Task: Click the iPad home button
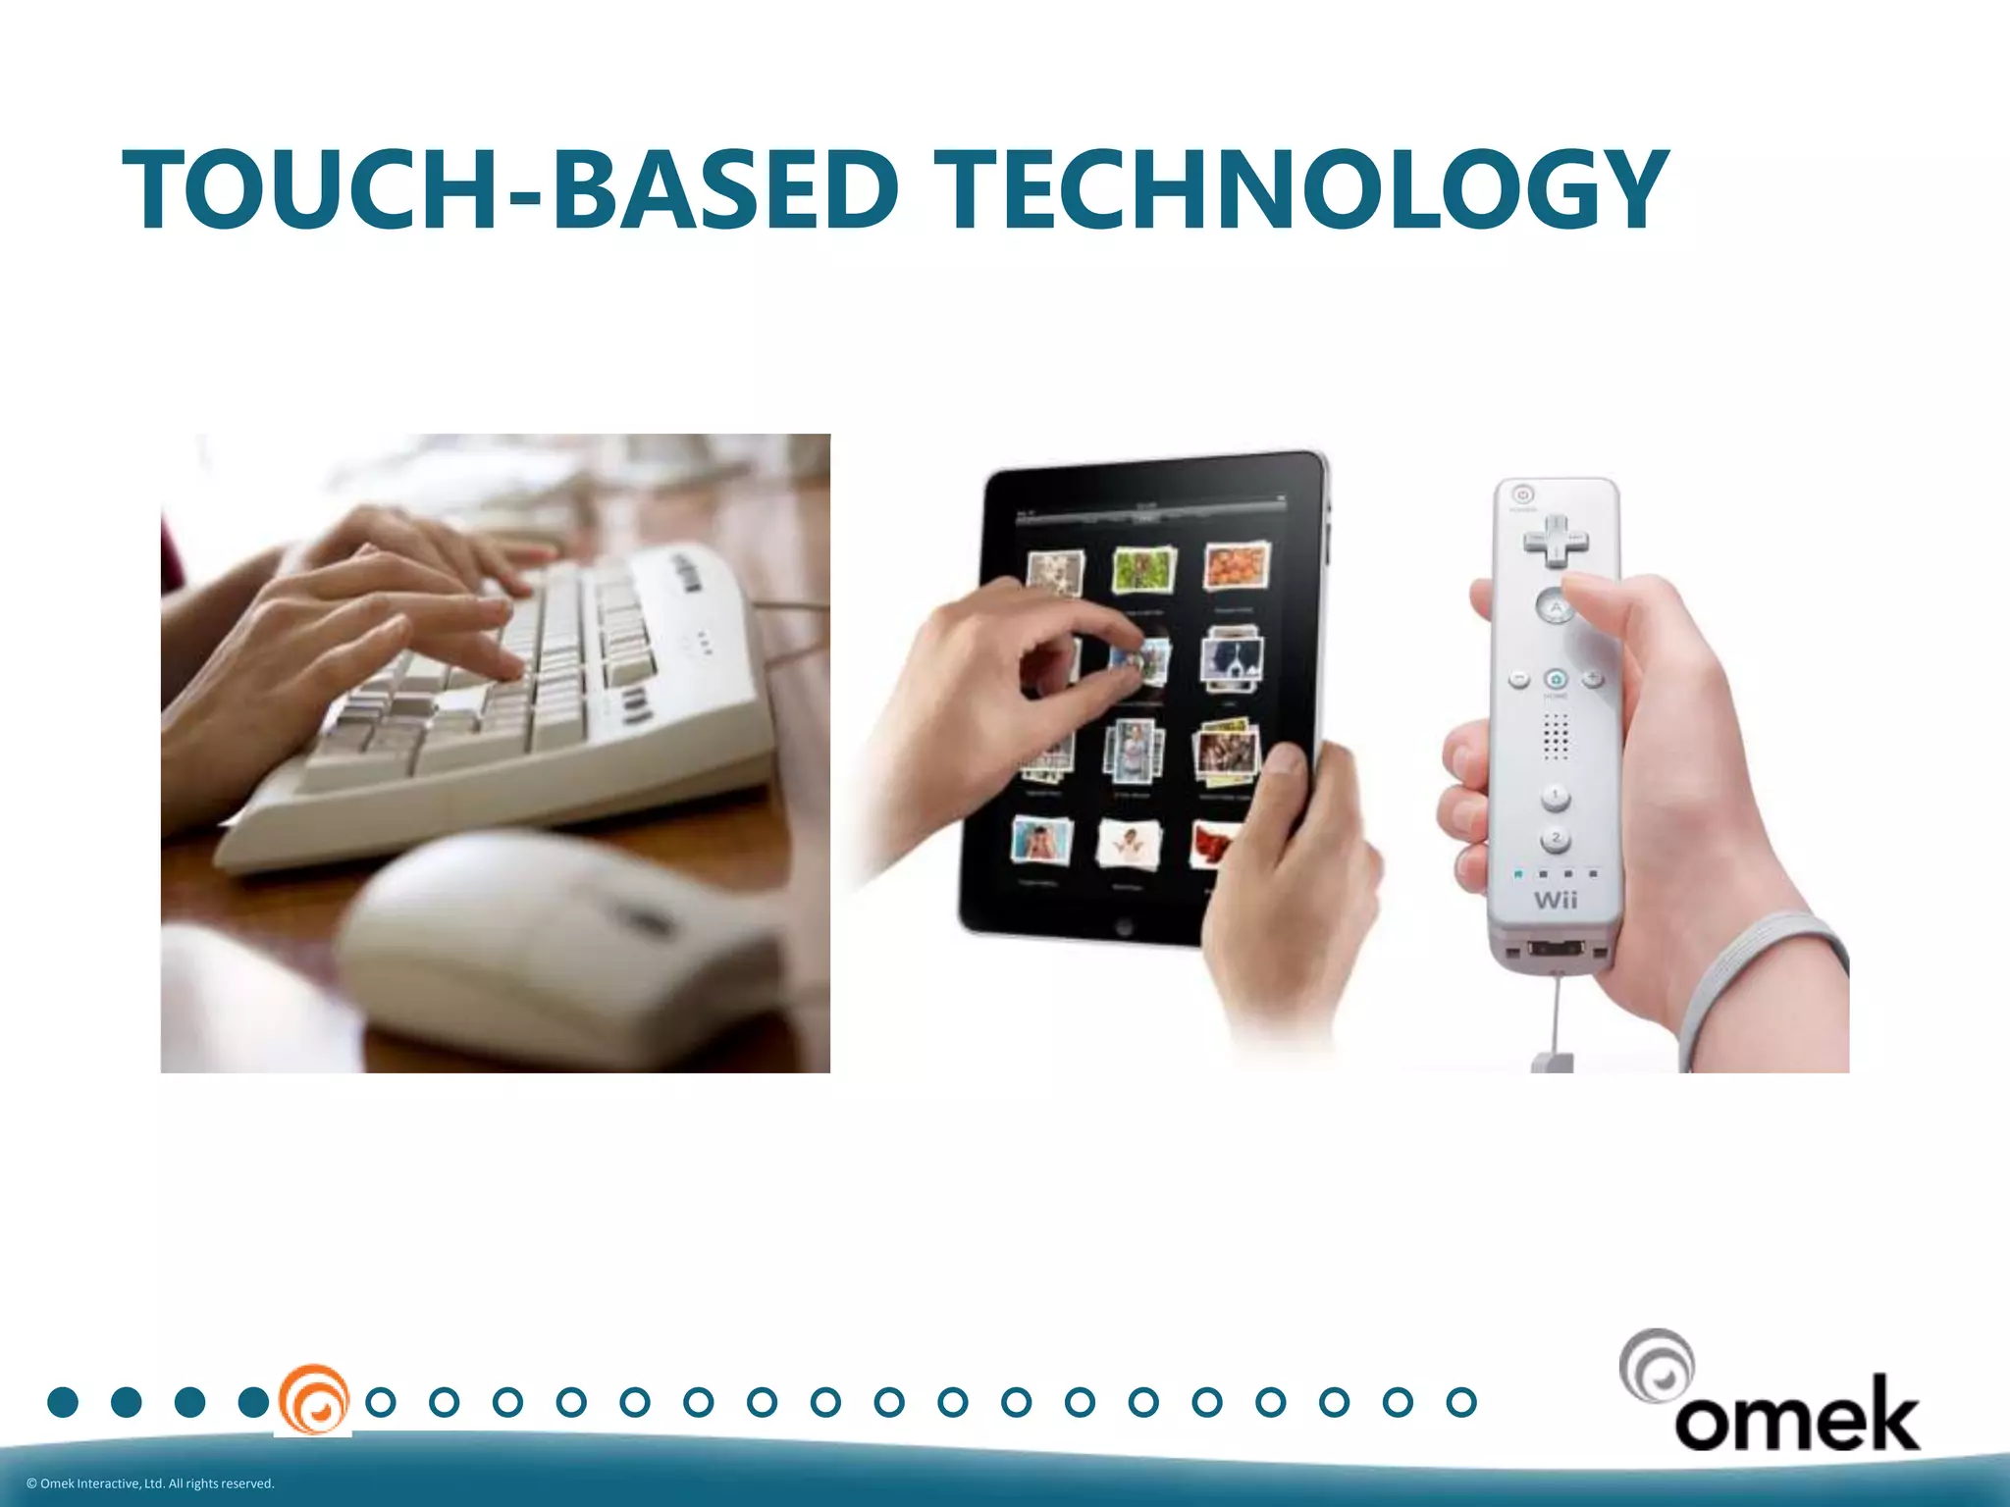click(x=1124, y=927)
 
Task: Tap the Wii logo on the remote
click(x=1556, y=900)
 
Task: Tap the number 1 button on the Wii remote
click(x=1556, y=796)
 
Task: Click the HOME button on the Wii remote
click(x=1556, y=679)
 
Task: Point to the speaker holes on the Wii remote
click(x=1556, y=736)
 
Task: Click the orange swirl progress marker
click(x=313, y=1401)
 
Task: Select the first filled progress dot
click(x=63, y=1402)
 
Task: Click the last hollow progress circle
click(x=1461, y=1402)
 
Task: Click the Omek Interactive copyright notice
click(x=150, y=1483)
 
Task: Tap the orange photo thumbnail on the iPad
click(x=1237, y=566)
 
